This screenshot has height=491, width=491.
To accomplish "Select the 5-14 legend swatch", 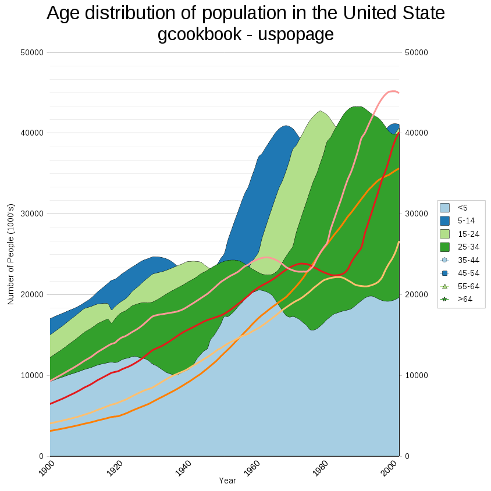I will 445,220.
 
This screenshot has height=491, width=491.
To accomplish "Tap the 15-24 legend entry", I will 468,234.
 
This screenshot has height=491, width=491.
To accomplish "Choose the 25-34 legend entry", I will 468,247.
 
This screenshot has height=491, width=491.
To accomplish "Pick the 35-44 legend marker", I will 445,260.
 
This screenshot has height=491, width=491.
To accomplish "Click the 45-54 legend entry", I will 468,273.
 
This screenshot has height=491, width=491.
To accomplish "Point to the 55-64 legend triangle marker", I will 445,286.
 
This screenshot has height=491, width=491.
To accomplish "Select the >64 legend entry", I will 464,299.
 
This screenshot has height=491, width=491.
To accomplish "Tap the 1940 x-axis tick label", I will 184,468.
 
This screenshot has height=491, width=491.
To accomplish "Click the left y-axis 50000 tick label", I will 33,52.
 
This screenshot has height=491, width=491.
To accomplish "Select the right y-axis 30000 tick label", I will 417,214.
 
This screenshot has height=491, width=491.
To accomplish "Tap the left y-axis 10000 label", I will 33,375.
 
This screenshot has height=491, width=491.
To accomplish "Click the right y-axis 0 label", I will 407,456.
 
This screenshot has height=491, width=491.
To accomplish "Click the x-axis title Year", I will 227,481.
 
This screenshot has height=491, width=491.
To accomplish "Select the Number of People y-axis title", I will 10,254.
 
